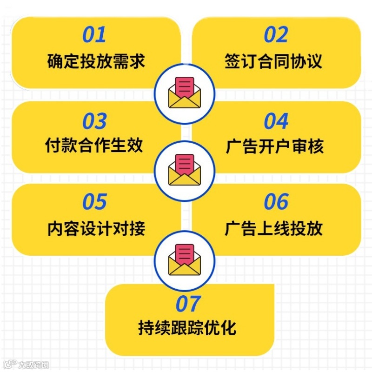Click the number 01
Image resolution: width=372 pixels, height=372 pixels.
94,35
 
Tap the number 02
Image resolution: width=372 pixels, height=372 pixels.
276,35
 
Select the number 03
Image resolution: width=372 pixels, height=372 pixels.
94,121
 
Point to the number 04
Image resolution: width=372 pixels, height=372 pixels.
276,121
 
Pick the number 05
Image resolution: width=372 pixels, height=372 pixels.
94,202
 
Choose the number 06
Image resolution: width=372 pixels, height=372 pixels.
276,202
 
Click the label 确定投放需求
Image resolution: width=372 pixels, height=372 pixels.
96,61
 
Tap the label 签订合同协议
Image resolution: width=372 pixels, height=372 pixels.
273,61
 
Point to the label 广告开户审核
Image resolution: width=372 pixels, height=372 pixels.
274,146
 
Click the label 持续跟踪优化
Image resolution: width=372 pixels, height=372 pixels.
187,328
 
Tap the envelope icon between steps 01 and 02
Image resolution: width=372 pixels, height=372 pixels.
185,93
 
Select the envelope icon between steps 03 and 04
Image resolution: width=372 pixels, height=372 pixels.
185,171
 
